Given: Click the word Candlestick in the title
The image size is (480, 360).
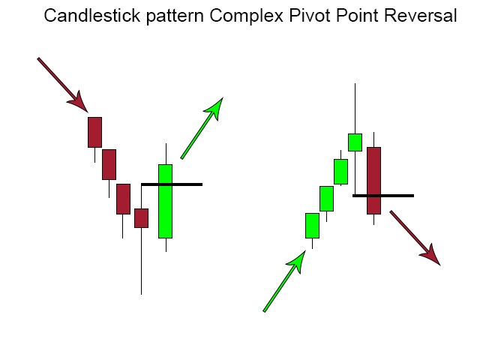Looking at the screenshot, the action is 91,15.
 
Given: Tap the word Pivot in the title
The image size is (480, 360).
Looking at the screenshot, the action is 310,15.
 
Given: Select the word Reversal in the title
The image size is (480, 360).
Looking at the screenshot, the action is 420,15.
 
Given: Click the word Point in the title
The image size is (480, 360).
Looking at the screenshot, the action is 357,15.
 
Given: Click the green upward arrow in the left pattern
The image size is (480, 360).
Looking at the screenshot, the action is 202,128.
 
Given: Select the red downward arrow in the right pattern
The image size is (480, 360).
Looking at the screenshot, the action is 415,238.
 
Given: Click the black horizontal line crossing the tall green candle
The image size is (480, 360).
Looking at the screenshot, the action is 172,184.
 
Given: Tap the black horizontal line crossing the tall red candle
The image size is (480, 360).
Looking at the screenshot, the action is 383,196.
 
